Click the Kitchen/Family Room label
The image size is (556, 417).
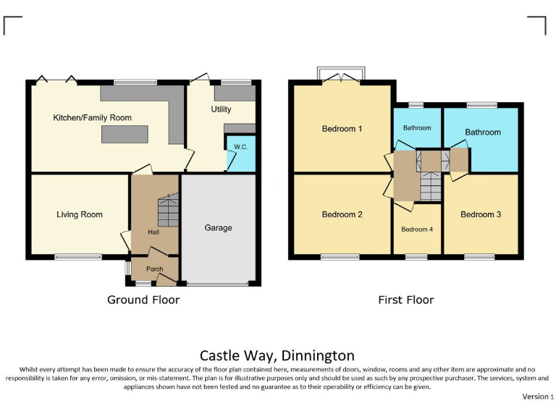pyautogui.click(x=91, y=117)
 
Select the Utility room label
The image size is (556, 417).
pyautogui.click(x=221, y=109)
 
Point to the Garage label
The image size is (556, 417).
pyautogui.click(x=218, y=227)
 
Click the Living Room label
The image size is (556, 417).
pyautogui.click(x=80, y=214)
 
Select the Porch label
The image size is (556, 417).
pyautogui.click(x=154, y=269)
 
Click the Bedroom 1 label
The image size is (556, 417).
pyautogui.click(x=342, y=129)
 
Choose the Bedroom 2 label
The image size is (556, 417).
pyautogui.click(x=342, y=214)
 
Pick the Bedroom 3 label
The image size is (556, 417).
pyautogui.click(x=481, y=214)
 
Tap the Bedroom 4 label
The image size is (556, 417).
pyautogui.click(x=417, y=229)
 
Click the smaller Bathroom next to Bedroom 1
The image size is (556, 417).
pyautogui.click(x=417, y=128)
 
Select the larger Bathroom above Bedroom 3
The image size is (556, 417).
pyautogui.click(x=482, y=132)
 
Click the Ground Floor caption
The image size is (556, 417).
pyautogui.click(x=143, y=300)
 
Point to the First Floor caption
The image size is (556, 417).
pyautogui.click(x=406, y=300)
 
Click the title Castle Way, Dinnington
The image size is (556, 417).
pyautogui.click(x=277, y=355)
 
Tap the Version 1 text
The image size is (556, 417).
pyautogui.click(x=537, y=397)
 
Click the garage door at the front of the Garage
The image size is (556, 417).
pyautogui.click(x=218, y=283)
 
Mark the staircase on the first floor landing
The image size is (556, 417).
pyautogui.click(x=430, y=185)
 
